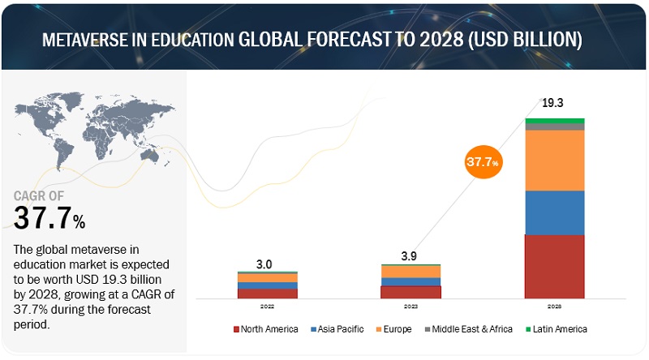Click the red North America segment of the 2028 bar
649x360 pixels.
tap(554, 267)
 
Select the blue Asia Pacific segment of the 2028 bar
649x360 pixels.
tap(554, 212)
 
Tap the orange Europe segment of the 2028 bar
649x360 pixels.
tap(554, 160)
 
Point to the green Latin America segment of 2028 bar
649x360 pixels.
tap(554, 121)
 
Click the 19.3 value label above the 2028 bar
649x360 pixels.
tap(552, 103)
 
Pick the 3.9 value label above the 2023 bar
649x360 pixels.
tap(410, 256)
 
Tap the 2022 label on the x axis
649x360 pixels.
tap(267, 306)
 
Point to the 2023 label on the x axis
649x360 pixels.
tap(410, 306)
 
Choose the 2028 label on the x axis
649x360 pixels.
tap(554, 306)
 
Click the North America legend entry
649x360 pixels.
tap(265, 329)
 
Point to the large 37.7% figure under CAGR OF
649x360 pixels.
tap(49, 217)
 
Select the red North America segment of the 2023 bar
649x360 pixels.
tap(410, 292)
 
